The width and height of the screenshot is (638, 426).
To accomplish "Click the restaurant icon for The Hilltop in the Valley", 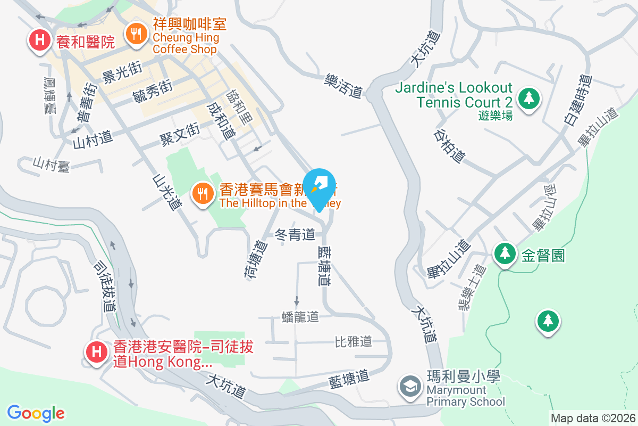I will click(x=202, y=193).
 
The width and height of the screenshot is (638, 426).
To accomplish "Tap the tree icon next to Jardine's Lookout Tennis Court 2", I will click(x=528, y=98).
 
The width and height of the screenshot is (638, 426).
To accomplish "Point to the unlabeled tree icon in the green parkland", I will click(x=548, y=321).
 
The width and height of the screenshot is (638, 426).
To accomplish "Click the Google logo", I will click(x=36, y=413).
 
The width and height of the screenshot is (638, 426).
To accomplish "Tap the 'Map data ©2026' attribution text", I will click(x=592, y=419).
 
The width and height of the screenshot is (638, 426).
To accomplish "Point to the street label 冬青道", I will click(x=295, y=234).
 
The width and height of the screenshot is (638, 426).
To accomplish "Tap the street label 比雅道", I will click(x=353, y=341).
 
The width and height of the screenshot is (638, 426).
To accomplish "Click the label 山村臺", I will click(x=51, y=164).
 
